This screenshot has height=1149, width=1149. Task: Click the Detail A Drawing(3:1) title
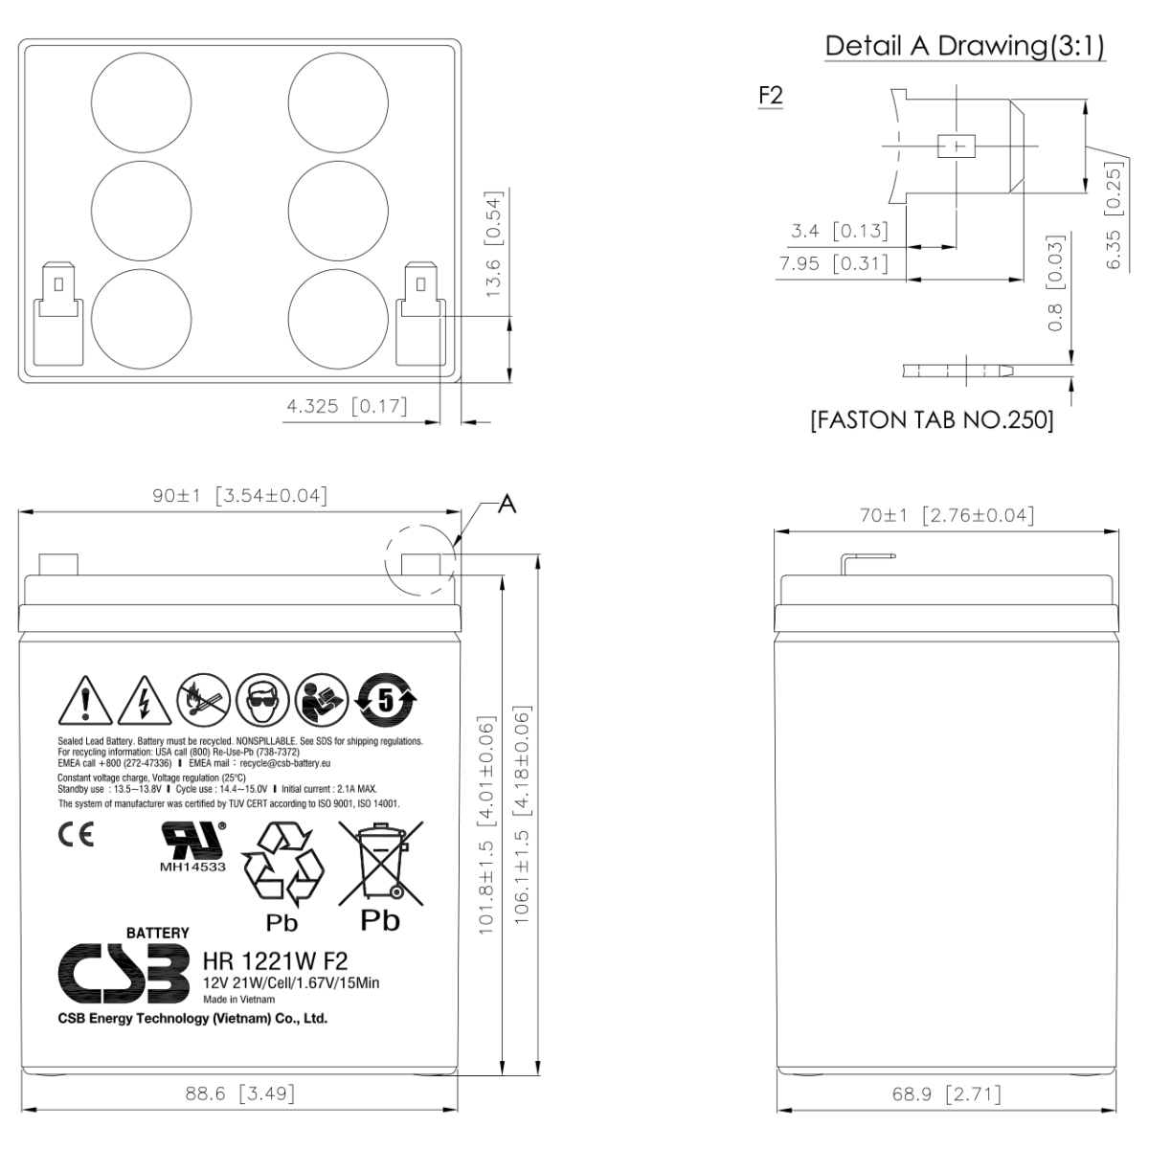point(964,46)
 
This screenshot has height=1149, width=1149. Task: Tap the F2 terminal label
point(771,96)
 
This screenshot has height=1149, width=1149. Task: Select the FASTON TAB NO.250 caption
point(932,419)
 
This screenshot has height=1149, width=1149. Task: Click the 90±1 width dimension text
point(239,495)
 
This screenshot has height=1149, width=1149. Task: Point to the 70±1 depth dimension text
point(947,515)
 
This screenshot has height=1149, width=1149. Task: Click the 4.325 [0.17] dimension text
point(347,406)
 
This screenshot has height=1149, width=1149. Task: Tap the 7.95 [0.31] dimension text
point(834,263)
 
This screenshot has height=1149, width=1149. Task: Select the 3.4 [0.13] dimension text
point(839,231)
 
